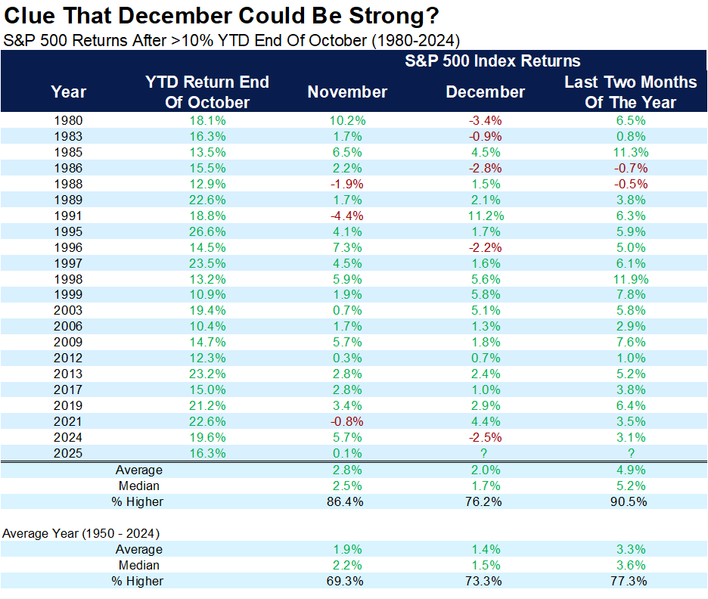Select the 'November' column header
pyautogui.click(x=347, y=92)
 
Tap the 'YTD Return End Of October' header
pyautogui.click(x=207, y=92)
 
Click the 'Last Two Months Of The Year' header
pyautogui.click(x=630, y=92)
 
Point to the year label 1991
pyautogui.click(x=69, y=216)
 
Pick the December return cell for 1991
pyautogui.click(x=485, y=216)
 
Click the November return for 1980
pyautogui.click(x=347, y=120)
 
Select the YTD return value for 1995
pyautogui.click(x=207, y=231)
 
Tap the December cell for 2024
pyautogui.click(x=485, y=437)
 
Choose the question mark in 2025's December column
pyautogui.click(x=485, y=453)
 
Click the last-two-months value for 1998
pyautogui.click(x=630, y=279)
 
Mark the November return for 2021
pyautogui.click(x=347, y=421)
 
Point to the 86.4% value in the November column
pyautogui.click(x=347, y=501)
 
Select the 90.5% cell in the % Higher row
pyautogui.click(x=630, y=501)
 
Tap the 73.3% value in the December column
pyautogui.click(x=485, y=581)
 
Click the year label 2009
pyautogui.click(x=69, y=342)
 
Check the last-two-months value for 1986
pyautogui.click(x=630, y=168)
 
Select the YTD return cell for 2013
pyautogui.click(x=207, y=374)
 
